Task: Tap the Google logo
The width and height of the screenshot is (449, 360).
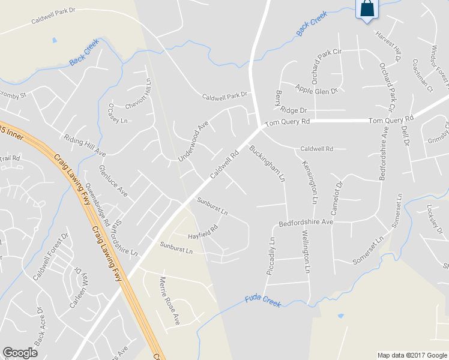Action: [20, 353]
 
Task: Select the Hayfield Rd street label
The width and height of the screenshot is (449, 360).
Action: [201, 230]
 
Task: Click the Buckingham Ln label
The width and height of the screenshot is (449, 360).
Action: [267, 163]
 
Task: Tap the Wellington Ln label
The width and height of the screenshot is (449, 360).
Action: [306, 251]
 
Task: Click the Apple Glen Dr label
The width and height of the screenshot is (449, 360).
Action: [316, 89]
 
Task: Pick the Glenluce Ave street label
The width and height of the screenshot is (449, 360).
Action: [113, 181]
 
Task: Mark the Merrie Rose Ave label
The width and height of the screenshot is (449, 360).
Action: [169, 301]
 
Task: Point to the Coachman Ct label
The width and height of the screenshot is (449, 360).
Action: [423, 76]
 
